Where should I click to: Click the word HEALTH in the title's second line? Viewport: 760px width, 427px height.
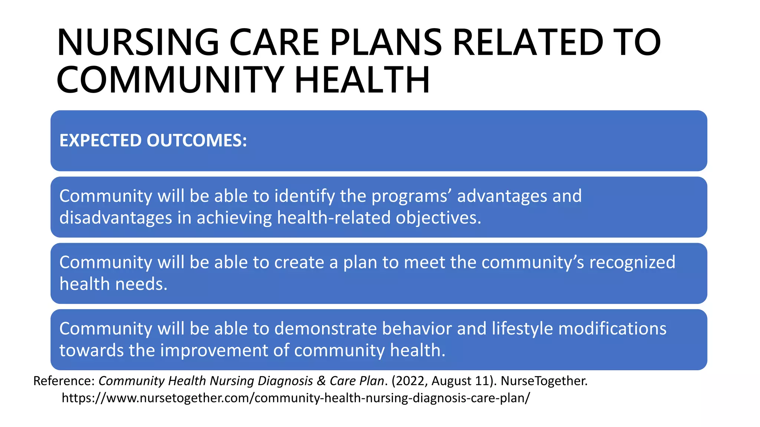pos(362,80)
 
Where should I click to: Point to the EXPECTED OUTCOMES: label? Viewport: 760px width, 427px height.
pos(153,141)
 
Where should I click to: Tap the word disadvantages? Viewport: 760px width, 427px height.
pos(115,218)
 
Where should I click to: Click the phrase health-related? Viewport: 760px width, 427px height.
pos(334,218)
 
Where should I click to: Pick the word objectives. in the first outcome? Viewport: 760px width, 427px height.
pos(438,218)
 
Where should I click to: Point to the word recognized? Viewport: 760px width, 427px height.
pos(632,262)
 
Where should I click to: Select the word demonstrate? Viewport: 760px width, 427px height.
pos(325,329)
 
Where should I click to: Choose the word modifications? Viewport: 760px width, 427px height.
pos(612,329)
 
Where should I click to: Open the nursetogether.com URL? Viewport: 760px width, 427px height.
pos(296,398)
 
